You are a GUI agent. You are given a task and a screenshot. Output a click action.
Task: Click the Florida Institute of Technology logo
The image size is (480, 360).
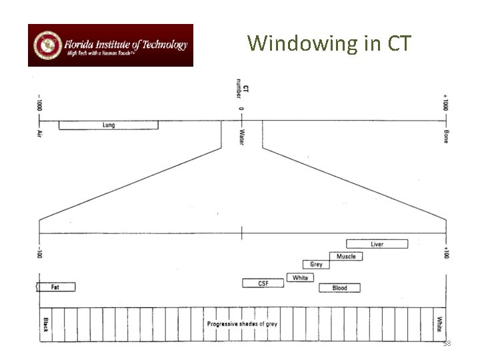click(110, 45)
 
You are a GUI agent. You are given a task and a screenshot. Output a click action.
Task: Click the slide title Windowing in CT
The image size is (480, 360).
click(330, 44)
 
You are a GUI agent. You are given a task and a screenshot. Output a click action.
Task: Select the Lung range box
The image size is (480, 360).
click(109, 125)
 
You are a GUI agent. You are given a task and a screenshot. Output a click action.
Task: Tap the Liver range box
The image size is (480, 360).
click(377, 244)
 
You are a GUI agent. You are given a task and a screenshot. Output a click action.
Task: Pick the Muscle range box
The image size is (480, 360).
click(346, 257)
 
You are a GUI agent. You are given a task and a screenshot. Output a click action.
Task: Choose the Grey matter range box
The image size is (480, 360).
click(316, 265)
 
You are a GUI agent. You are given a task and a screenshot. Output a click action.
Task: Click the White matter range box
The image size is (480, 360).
click(300, 277)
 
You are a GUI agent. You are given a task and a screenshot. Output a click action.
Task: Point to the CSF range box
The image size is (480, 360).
click(263, 283)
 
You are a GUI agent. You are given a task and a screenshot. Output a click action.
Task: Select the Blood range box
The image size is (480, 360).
click(339, 288)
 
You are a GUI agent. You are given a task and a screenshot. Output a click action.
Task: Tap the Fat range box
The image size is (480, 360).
click(56, 287)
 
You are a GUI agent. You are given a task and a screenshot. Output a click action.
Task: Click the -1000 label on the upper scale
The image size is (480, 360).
click(39, 104)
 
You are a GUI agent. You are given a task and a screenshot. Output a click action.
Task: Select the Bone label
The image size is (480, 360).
click(445, 135)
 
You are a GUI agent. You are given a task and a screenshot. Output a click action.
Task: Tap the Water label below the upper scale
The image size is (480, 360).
click(241, 137)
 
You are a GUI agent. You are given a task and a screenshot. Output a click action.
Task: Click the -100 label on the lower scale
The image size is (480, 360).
click(39, 252)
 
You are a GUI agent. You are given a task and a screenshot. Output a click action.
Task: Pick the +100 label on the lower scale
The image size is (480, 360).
click(445, 253)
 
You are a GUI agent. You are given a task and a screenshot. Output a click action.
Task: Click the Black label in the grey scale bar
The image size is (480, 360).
click(46, 324)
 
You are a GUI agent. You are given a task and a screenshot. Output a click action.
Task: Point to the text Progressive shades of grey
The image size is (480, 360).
click(242, 324)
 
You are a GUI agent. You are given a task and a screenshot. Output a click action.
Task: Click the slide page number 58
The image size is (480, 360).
click(447, 343)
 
